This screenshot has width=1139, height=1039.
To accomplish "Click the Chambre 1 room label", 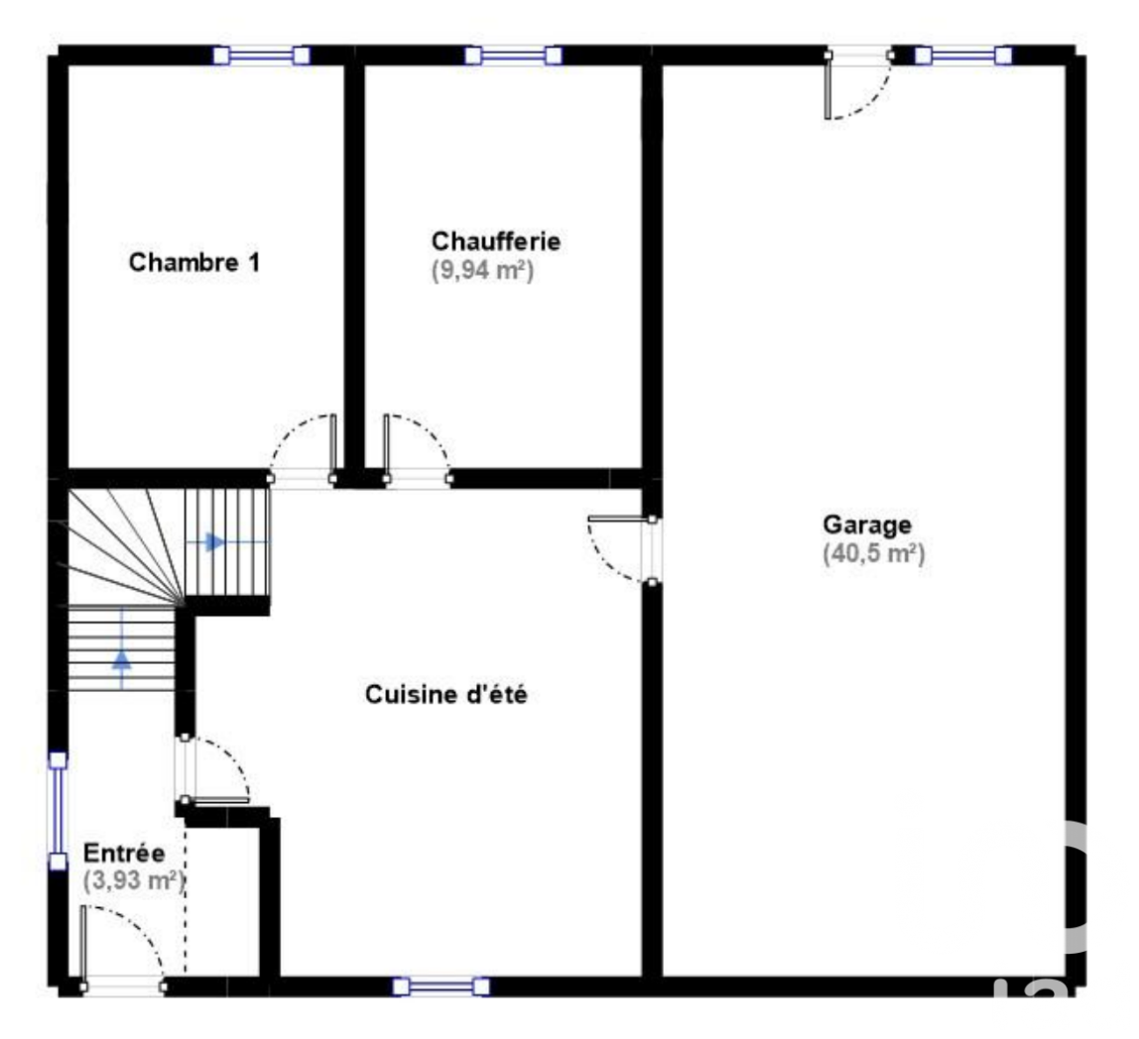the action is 193,262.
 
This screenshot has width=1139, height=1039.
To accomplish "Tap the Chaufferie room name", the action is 496,241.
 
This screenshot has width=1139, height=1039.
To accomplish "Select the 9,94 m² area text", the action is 483,271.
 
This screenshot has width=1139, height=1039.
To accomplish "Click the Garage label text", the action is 866,524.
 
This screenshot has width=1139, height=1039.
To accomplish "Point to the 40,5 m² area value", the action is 874,553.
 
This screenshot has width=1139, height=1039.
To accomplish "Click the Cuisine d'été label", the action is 446,695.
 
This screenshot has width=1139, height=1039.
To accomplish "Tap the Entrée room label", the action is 124,853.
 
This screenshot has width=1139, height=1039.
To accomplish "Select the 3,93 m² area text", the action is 134,881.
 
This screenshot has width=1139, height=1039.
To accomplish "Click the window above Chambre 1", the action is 262,56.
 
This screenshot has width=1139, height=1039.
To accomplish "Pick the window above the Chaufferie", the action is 514,56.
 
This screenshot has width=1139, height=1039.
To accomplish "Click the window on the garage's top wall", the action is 963,56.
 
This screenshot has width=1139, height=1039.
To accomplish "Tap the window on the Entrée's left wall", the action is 58,811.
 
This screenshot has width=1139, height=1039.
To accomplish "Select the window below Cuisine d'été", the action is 441,986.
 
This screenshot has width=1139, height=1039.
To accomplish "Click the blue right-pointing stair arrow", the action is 213,541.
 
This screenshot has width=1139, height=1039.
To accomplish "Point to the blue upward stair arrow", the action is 122,657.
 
